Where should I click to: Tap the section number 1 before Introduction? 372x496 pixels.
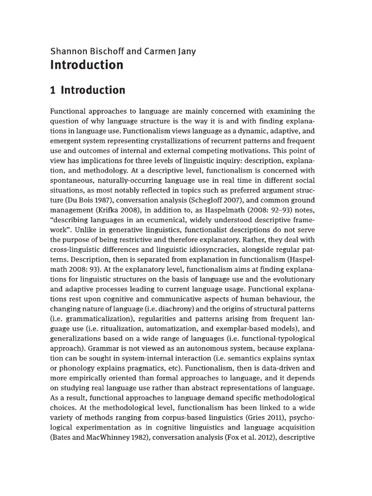[53, 90]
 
